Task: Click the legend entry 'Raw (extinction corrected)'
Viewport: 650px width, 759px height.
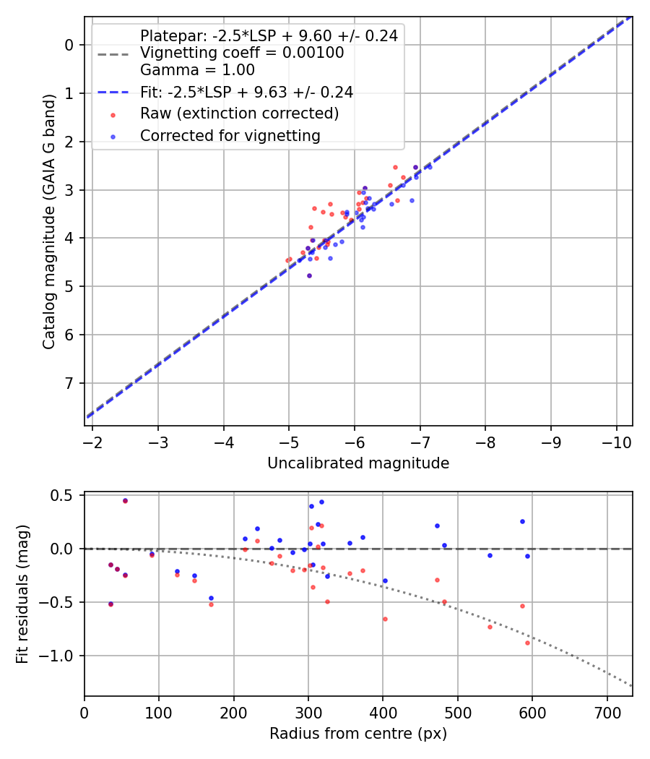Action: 239,113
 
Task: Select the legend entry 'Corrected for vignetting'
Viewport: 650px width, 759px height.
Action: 230,135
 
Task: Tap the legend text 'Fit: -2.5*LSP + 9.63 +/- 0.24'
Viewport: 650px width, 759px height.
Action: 246,92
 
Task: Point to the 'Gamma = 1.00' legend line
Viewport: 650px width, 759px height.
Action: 197,70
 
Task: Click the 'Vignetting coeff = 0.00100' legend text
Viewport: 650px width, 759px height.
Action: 242,53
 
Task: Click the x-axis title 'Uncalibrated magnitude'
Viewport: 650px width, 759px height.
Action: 358,463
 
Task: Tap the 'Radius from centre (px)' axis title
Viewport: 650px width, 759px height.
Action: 358,734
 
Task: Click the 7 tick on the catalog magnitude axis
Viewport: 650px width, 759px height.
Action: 69,383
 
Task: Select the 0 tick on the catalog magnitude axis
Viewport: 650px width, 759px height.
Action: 69,45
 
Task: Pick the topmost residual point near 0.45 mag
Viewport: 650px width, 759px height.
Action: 125,500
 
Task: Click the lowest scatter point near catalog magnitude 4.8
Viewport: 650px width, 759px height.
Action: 309,275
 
